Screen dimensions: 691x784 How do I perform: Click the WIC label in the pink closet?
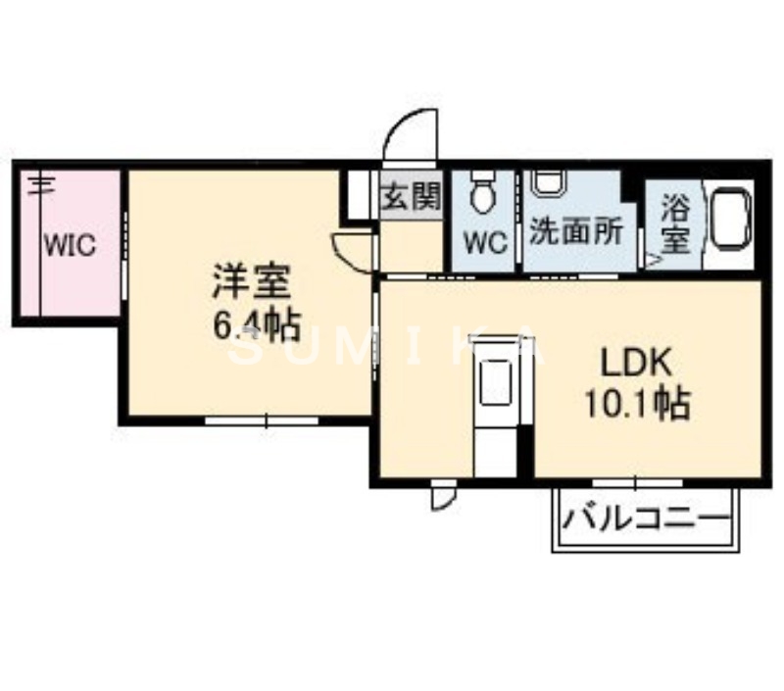pos(68,243)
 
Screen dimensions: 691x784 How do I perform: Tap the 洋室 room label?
pos(250,281)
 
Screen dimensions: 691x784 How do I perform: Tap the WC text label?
pos(482,242)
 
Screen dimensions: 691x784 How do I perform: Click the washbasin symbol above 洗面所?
pos(548,182)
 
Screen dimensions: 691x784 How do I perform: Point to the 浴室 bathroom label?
pos(674,222)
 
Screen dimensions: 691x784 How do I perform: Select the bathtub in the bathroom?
pos(728,217)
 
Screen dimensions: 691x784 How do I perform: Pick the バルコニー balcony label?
pos(646,518)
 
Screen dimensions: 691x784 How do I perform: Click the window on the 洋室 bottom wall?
pos(262,420)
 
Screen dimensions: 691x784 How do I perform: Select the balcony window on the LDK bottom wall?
pos(636,481)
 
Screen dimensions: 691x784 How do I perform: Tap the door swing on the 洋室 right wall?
pos(353,251)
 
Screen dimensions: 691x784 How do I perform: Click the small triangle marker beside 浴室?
pos(650,260)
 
